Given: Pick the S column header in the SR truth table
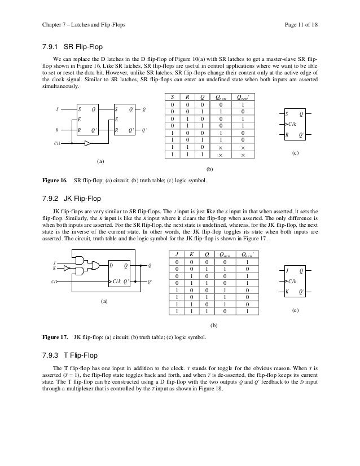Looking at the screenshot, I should pos(172,96).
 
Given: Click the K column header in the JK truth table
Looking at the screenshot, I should pos(192,253).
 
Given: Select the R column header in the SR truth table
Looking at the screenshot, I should pos(188,96).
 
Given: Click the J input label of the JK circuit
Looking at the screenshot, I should pos(54,262).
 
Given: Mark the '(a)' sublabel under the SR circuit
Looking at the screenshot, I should pos(100,161).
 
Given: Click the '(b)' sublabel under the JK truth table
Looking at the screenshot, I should pos(213,326).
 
